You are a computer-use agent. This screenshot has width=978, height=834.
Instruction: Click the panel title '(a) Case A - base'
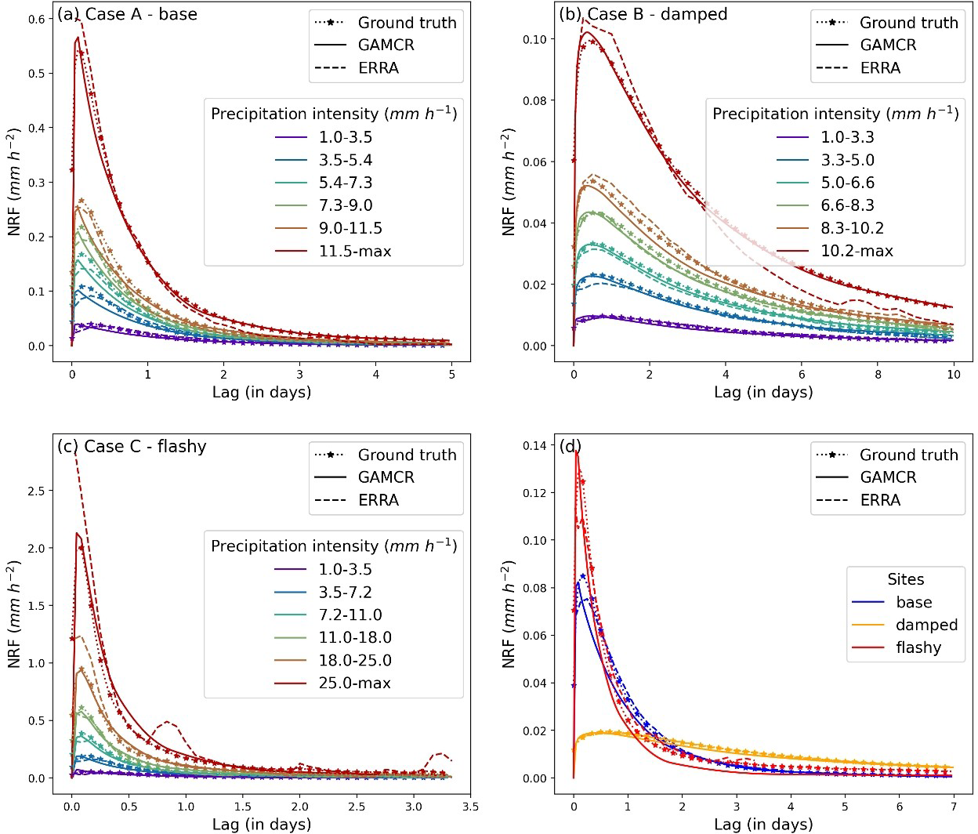tap(127, 14)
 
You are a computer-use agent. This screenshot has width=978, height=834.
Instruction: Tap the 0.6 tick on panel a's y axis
tap(36, 20)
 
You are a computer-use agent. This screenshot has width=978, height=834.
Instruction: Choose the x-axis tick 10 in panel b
tap(953, 375)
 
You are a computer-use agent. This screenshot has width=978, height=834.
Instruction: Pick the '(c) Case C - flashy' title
tap(132, 447)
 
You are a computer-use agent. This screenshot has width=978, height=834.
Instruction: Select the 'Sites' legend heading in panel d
tap(906, 579)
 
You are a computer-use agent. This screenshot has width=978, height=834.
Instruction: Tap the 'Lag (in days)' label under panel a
tap(262, 392)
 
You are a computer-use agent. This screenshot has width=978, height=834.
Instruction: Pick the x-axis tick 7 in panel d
tap(953, 807)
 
